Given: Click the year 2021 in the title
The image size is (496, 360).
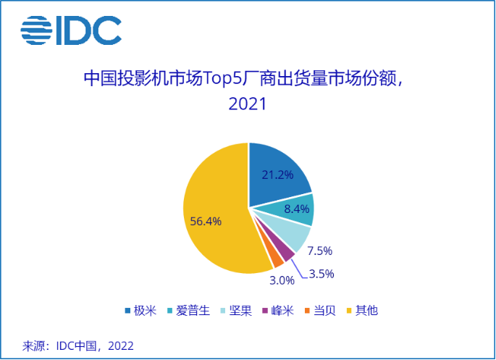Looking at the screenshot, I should [248, 104].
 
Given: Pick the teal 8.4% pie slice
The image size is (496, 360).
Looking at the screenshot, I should [298, 209].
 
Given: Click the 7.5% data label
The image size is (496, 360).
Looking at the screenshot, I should [319, 251].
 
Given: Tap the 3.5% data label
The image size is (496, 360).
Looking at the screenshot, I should [321, 274].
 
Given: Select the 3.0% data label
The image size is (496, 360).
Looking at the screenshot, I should [282, 280].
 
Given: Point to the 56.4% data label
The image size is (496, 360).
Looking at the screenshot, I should [206, 222].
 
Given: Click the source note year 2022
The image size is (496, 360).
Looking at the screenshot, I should [120, 346].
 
